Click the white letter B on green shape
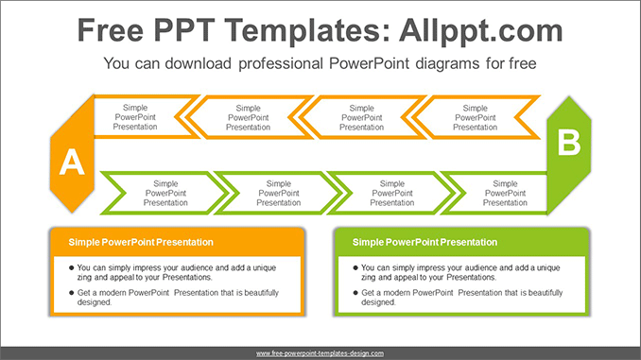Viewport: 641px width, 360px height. tap(569, 143)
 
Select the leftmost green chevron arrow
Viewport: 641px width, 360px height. tap(165, 193)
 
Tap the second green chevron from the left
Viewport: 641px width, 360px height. tap(279, 193)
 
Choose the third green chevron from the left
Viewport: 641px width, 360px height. tap(392, 193)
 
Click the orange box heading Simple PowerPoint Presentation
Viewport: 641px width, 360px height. tap(141, 243)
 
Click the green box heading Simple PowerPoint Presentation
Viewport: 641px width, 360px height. tap(424, 243)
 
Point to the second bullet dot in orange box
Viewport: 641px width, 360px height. tap(72, 293)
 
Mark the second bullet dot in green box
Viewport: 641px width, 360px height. tap(355, 293)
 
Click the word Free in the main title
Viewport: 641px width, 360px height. tap(113, 30)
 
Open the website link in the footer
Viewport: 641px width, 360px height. tap(320, 352)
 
